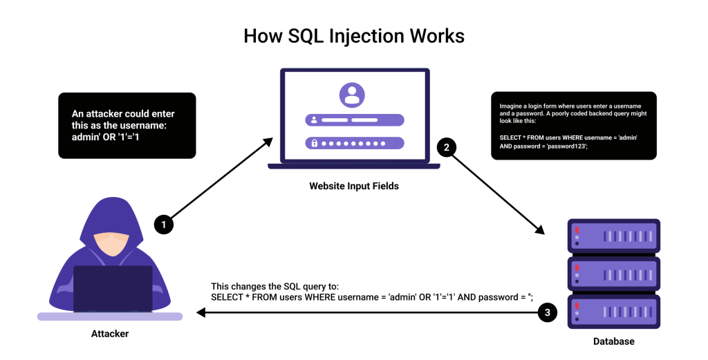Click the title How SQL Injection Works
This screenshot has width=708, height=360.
click(x=353, y=36)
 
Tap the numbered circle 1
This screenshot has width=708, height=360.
click(x=163, y=225)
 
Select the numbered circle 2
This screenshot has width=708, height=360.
click(x=446, y=147)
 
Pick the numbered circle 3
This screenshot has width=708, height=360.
click(x=548, y=313)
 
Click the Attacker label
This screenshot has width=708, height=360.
click(x=110, y=334)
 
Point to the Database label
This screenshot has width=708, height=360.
click(x=613, y=341)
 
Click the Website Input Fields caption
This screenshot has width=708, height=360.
click(x=353, y=186)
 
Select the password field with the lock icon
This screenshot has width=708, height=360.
click(x=353, y=144)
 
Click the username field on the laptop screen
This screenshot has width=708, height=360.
click(x=353, y=120)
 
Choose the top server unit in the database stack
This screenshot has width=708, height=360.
click(x=613, y=236)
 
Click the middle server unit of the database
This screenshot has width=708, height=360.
click(x=613, y=274)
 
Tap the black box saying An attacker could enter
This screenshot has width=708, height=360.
click(x=127, y=125)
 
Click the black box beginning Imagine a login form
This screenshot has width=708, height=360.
click(x=573, y=126)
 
